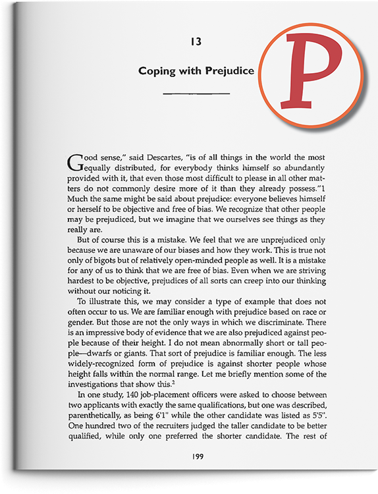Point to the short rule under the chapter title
[196, 94]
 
